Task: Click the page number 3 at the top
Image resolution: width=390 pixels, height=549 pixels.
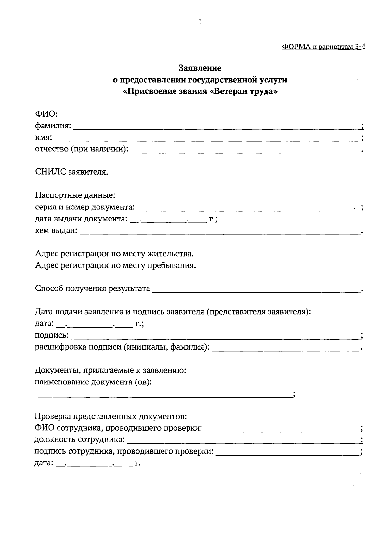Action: [x=200, y=22]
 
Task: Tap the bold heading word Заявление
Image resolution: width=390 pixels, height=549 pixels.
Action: [x=200, y=68]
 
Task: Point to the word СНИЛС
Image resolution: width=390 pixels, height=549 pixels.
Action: [x=50, y=172]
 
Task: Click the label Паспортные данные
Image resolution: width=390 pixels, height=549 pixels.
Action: [x=75, y=196]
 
